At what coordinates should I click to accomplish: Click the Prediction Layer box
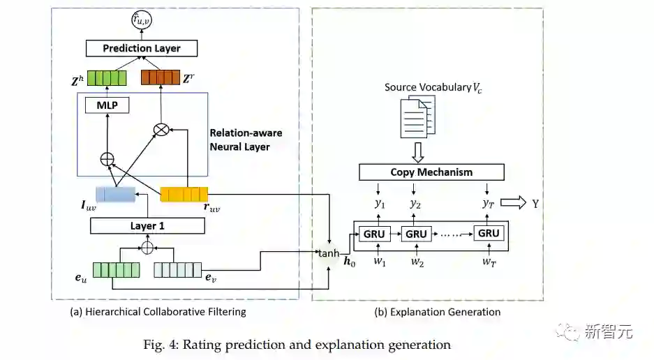tap(142, 48)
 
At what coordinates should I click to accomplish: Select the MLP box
tap(107, 105)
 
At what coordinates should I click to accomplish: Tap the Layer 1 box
tap(147, 225)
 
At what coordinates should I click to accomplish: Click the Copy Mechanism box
tap(431, 172)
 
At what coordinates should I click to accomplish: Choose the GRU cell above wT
tap(489, 234)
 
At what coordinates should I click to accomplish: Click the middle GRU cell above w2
tap(416, 234)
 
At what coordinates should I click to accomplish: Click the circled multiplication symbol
tap(162, 130)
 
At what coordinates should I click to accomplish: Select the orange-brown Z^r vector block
tap(161, 77)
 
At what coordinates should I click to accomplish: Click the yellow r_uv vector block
tap(184, 194)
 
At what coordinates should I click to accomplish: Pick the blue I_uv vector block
tap(115, 194)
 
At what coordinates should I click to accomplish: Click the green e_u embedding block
tap(116, 269)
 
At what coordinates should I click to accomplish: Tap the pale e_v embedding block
tap(177, 269)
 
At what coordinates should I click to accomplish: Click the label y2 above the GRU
tap(415, 204)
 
